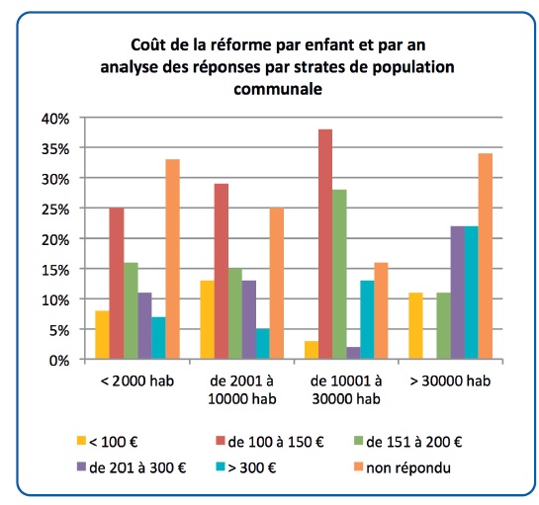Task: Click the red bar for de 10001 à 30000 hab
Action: [325, 244]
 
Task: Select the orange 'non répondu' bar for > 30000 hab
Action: [485, 256]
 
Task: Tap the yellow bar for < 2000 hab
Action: [103, 335]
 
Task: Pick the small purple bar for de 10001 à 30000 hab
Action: [353, 353]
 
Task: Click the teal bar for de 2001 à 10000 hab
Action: [263, 344]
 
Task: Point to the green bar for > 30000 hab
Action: [444, 326]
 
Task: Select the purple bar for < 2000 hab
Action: [144, 326]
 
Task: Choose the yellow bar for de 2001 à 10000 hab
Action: [207, 320]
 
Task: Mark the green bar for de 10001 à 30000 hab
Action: [339, 275]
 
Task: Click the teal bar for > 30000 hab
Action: [472, 293]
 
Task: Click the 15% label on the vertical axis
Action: [55, 270]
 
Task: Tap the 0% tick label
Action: [59, 361]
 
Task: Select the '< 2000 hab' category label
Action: [137, 381]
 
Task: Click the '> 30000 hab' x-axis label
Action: [450, 381]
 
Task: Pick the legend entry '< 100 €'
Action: [108, 442]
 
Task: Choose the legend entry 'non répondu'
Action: [403, 467]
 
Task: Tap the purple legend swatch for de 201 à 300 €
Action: [81, 466]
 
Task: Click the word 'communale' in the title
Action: [278, 89]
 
